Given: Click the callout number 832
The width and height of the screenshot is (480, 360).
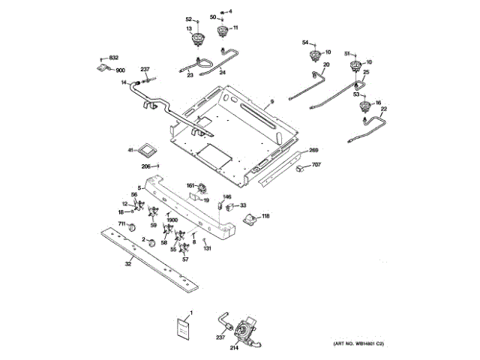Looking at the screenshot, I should tap(114, 58).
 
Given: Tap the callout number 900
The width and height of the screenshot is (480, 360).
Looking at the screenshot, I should tap(120, 70).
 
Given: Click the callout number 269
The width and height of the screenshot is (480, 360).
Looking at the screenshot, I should tap(313, 150).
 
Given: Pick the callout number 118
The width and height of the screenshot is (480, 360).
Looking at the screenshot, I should tap(265, 216).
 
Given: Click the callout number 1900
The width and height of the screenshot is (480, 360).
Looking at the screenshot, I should tap(172, 220).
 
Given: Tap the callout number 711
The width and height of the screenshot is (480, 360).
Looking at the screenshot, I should tap(121, 224).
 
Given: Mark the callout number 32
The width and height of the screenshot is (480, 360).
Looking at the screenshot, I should tap(128, 263).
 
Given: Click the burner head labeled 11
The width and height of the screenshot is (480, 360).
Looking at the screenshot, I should tap(222, 31).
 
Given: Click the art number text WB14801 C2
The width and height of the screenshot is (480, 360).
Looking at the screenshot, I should tap(358, 344).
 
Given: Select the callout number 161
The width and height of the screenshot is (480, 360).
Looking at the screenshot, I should tap(190, 184).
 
